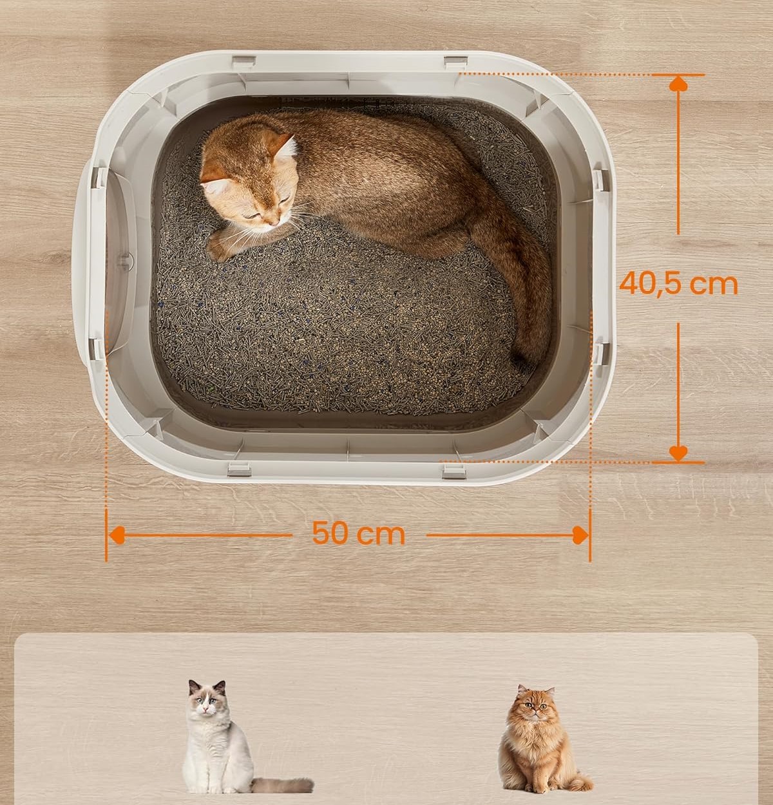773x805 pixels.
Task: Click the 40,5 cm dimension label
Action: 679,284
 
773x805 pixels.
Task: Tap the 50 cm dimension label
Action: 358,533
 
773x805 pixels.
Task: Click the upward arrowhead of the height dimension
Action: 678,84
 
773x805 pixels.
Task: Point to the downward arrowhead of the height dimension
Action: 678,453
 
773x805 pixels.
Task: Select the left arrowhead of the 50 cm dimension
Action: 117,535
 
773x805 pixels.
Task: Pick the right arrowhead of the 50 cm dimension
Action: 580,535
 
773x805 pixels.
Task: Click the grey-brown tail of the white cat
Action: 282,785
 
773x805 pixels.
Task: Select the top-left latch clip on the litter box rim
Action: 244,62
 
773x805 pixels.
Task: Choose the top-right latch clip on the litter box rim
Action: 456,63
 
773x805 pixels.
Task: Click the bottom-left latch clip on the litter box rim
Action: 239,469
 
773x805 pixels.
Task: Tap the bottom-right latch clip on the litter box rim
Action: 454,471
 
